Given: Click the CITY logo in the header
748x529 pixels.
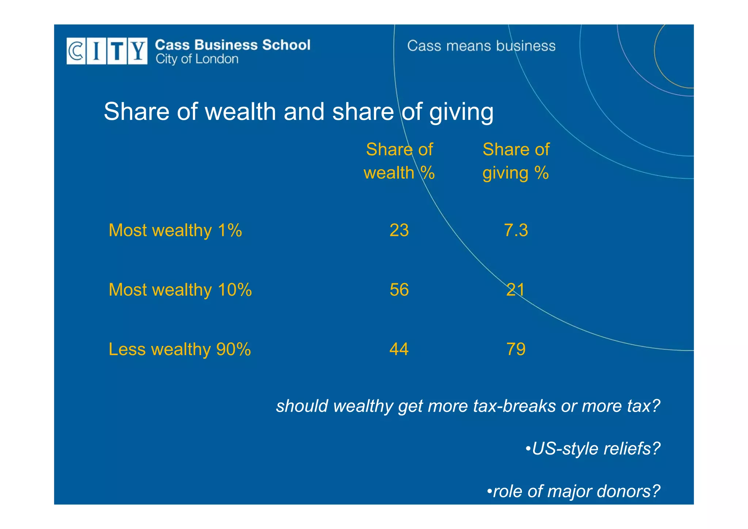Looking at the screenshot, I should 107,51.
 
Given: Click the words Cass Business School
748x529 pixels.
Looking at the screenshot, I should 233,45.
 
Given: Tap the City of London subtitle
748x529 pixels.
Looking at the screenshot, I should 197,59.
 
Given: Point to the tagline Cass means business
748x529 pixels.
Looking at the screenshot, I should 481,46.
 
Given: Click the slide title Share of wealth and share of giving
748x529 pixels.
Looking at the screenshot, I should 298,111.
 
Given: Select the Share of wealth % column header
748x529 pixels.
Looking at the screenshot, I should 399,161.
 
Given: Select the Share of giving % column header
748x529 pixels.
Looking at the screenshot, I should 516,161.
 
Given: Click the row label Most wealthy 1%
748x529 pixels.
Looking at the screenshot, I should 175,231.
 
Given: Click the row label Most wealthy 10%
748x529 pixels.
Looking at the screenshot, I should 180,290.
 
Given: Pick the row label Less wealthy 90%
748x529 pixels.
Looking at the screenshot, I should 180,350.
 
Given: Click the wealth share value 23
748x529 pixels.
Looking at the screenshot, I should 399,231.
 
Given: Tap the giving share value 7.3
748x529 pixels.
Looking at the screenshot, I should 516,231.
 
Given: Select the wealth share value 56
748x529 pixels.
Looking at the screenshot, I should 399,290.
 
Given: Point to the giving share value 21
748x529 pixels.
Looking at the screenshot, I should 515,290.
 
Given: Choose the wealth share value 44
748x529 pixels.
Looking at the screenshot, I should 399,350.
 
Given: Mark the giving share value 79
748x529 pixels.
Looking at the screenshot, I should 516,350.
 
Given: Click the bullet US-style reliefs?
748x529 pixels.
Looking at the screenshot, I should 593,449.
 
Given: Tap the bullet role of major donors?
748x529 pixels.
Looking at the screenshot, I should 573,491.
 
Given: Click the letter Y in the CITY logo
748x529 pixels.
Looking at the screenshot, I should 138,51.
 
